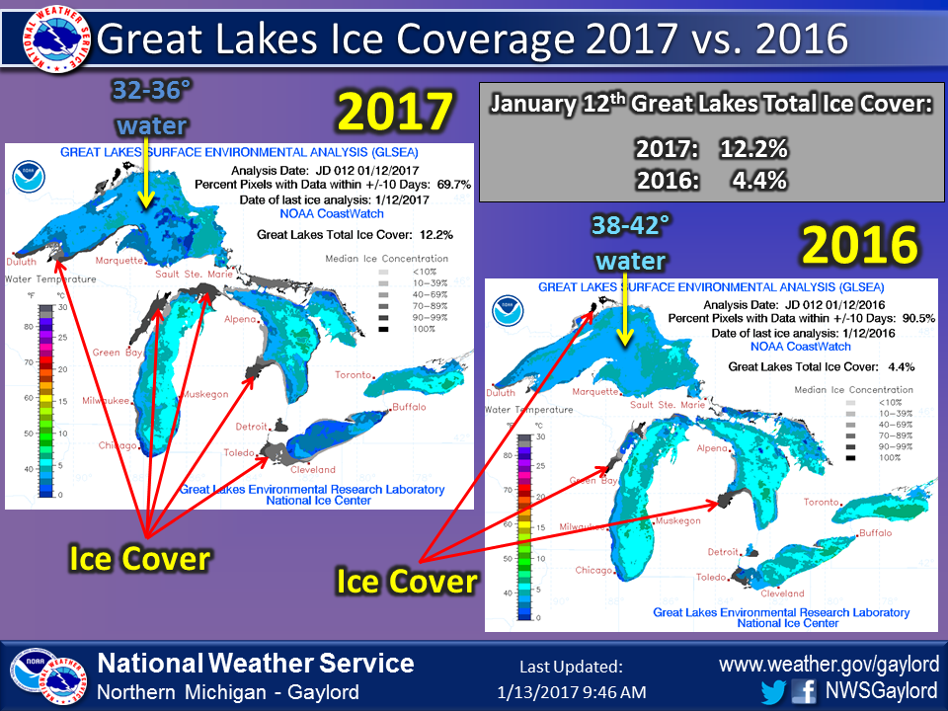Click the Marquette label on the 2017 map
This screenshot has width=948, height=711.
click(x=119, y=261)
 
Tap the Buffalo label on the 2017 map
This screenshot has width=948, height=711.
click(x=409, y=407)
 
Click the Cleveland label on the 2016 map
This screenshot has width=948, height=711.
click(x=782, y=593)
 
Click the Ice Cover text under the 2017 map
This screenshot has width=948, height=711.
click(x=139, y=559)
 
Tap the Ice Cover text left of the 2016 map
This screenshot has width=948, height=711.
click(x=407, y=581)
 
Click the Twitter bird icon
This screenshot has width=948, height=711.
click(x=774, y=689)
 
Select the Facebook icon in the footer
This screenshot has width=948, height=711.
click(x=805, y=689)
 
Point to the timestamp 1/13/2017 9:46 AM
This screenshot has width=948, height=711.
click(x=572, y=689)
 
